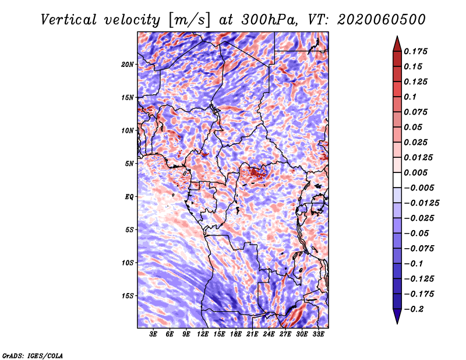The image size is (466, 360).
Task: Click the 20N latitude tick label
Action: click(128, 65)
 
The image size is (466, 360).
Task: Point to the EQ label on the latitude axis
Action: click(129, 197)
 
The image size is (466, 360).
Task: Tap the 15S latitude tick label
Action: click(128, 296)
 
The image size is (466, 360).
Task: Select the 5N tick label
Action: click(129, 164)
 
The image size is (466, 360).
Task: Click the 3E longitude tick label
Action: click(153, 334)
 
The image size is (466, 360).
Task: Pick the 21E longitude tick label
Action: click(252, 334)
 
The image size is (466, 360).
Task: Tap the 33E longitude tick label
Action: click(318, 334)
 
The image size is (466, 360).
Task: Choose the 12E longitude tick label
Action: click(203, 334)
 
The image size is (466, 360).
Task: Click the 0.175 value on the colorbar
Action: click(415, 51)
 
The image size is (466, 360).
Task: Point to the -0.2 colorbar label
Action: click(413, 309)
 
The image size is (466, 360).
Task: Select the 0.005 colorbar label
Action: click(415, 172)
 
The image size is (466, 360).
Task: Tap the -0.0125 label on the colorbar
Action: click(421, 203)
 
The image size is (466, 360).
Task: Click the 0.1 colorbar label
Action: click(410, 97)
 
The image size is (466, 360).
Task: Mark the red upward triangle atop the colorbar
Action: click(397, 44)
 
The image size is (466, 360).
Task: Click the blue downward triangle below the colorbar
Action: click(397, 316)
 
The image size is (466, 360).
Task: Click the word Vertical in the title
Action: click(69, 20)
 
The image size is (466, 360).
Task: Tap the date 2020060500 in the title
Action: click(382, 20)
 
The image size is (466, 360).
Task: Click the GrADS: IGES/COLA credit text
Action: click(33, 355)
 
